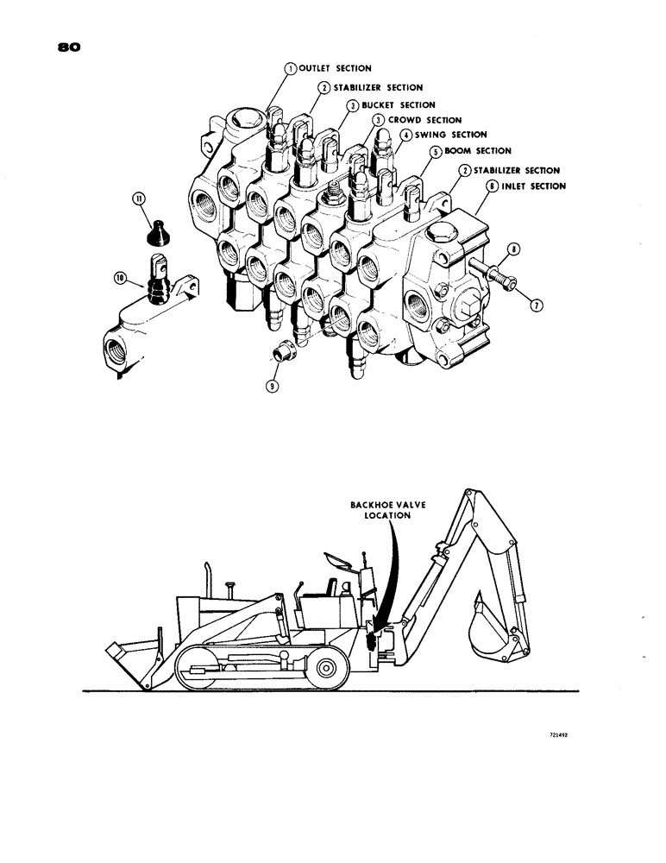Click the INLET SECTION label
click(527, 186)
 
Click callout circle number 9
click(273, 387)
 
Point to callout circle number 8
click(514, 250)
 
